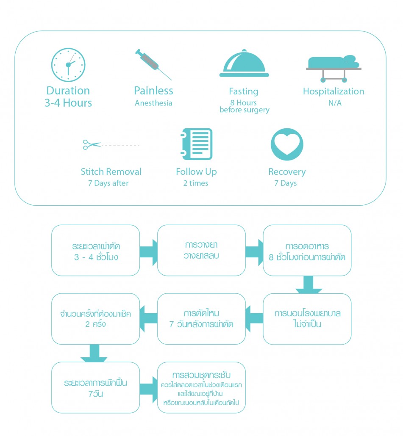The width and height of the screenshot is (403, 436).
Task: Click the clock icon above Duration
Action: point(68,65)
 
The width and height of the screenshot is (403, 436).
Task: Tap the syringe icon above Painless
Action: point(153,64)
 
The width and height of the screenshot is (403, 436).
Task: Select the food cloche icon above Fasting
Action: point(244,64)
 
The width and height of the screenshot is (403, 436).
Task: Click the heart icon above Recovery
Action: point(287,144)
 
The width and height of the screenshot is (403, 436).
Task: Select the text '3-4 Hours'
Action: point(68,103)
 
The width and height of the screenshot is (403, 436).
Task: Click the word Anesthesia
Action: point(153,103)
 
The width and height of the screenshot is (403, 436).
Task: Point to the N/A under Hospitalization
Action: point(334,103)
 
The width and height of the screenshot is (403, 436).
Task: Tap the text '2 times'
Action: point(196,183)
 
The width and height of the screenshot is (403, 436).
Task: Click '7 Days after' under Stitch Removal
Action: point(111,183)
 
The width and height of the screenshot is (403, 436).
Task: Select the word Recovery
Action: point(287,172)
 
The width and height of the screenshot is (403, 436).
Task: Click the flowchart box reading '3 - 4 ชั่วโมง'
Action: point(95,250)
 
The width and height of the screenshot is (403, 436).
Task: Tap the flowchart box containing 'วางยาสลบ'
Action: point(201,250)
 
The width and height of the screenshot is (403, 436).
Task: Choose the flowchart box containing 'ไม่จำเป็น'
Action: point(307,319)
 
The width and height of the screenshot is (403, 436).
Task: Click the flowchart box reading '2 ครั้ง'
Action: point(95,319)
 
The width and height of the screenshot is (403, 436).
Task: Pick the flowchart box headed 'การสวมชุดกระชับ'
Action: point(201,387)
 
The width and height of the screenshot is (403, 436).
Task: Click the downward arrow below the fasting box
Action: point(309,285)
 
